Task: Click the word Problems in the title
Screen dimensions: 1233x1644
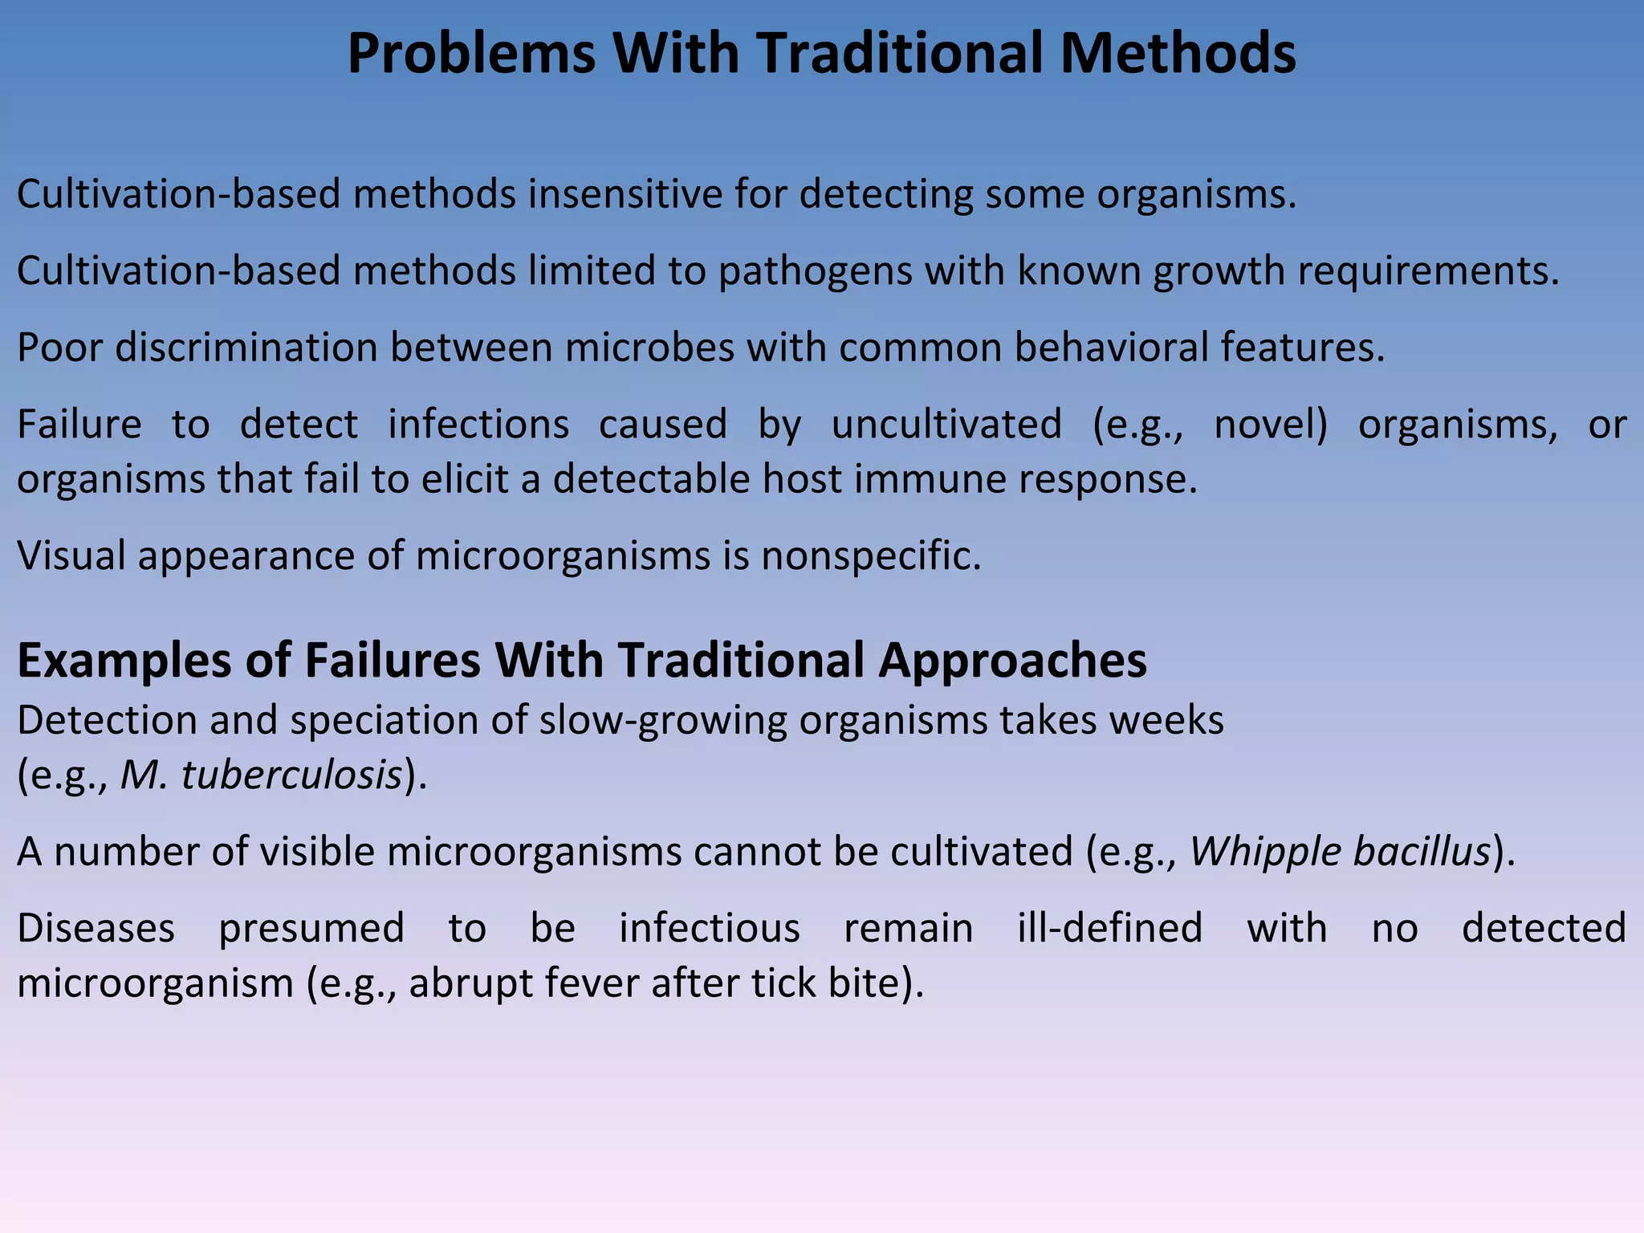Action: pos(471,55)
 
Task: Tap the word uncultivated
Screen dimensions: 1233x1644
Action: pos(946,424)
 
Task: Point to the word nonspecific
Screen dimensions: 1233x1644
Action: pos(871,555)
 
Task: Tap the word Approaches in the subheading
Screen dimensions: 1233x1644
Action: pos(1012,661)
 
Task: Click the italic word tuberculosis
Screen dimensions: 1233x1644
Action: pos(292,775)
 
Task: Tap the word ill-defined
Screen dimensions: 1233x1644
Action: pos(1110,928)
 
